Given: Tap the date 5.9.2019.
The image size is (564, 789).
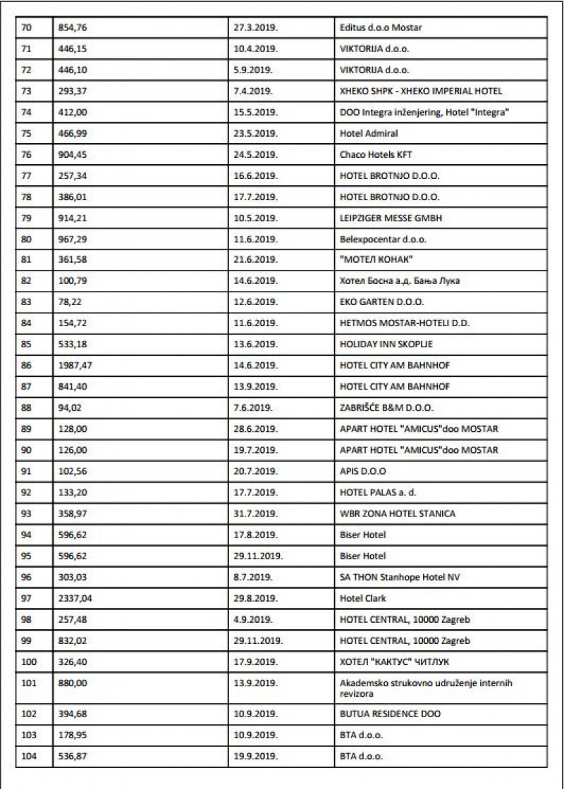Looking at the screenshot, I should point(251,71).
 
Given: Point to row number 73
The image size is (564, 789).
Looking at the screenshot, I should point(27,92).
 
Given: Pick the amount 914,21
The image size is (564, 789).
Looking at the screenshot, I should point(72,218).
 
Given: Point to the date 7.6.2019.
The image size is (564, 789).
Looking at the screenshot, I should point(251,409).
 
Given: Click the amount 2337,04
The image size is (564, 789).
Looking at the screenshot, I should point(75,598).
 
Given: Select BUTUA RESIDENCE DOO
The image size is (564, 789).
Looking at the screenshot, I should point(390,714).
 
